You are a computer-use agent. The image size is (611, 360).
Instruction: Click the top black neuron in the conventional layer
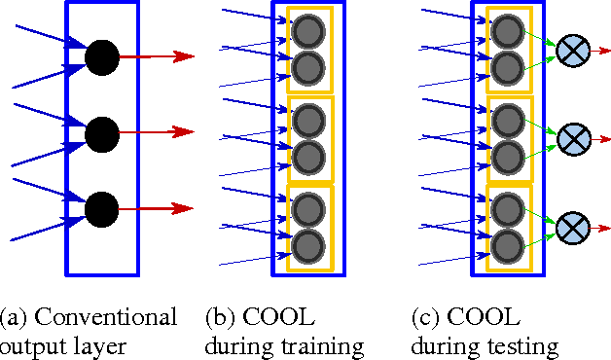point(101,57)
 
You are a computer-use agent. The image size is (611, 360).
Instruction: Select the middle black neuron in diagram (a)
point(101,132)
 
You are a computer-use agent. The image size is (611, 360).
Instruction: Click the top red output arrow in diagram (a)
point(156,56)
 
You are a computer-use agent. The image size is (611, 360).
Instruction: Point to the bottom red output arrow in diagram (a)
point(156,208)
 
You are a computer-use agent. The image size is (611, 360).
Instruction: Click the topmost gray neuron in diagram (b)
point(308,31)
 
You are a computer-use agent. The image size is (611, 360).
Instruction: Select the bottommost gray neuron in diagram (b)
point(308,243)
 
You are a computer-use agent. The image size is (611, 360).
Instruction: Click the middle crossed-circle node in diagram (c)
point(570,138)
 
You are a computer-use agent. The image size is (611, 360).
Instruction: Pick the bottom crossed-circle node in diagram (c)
point(570,229)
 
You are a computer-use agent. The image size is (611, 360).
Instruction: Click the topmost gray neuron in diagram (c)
point(506,31)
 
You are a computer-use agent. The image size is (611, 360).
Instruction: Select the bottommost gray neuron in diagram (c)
point(506,243)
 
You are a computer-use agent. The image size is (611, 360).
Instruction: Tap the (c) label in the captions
point(424,317)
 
